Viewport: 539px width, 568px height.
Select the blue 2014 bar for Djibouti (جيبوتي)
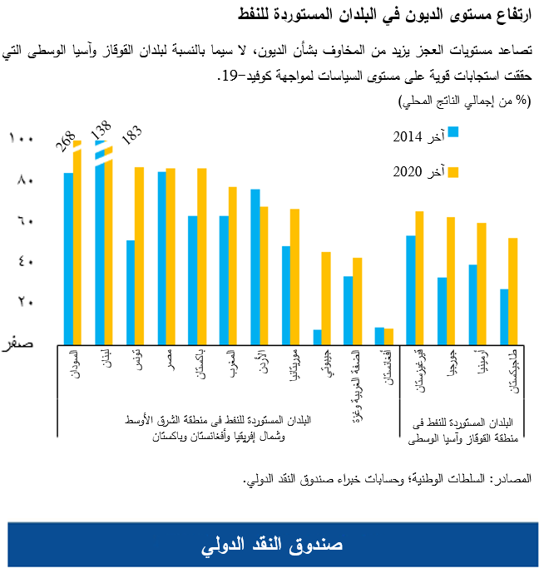coord(317,335)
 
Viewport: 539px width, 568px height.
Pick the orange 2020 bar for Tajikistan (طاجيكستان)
coord(513,289)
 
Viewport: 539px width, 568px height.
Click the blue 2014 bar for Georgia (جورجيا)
coord(442,309)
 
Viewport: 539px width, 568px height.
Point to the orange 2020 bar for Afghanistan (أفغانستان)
coord(388,335)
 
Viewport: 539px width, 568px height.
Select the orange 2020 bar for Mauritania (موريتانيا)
coord(295,274)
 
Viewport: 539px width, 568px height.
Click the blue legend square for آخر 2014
coord(453,132)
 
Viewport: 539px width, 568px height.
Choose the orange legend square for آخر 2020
coord(453,171)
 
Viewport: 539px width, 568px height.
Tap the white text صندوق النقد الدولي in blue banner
coord(271,544)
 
